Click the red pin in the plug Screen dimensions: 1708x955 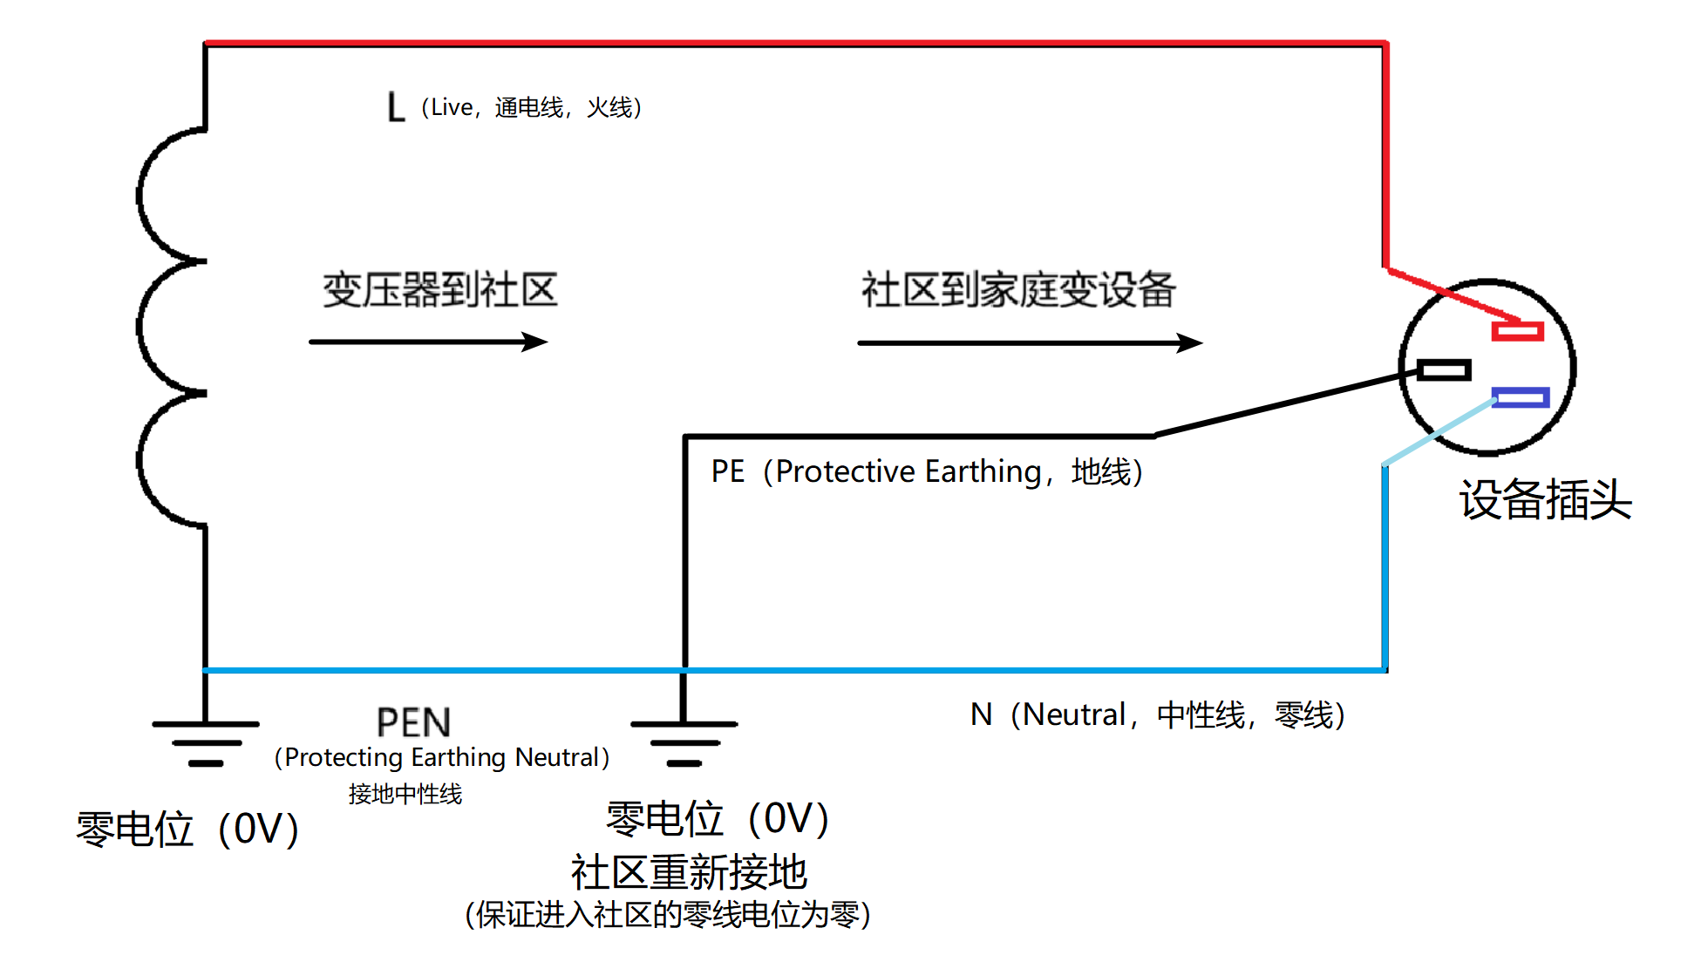point(1517,331)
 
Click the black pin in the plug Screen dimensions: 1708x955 point(1444,370)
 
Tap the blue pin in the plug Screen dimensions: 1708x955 point(1521,397)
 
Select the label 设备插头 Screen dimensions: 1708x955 point(1545,500)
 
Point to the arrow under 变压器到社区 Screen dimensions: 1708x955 point(428,342)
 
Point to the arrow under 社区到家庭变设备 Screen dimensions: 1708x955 point(1031,342)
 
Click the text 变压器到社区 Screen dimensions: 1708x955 point(440,289)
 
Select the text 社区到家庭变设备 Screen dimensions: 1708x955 point(1018,289)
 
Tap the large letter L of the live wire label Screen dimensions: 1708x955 point(396,107)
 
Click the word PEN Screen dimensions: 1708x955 point(414,722)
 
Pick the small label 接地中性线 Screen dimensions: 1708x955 point(405,794)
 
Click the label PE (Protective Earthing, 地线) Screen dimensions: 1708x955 point(927,471)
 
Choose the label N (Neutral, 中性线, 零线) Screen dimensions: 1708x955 point(1158,715)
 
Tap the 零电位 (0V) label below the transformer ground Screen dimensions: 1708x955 point(187,829)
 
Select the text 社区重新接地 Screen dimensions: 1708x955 point(689,871)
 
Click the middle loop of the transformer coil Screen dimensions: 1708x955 point(140,327)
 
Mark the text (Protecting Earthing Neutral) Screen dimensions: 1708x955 point(442,757)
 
